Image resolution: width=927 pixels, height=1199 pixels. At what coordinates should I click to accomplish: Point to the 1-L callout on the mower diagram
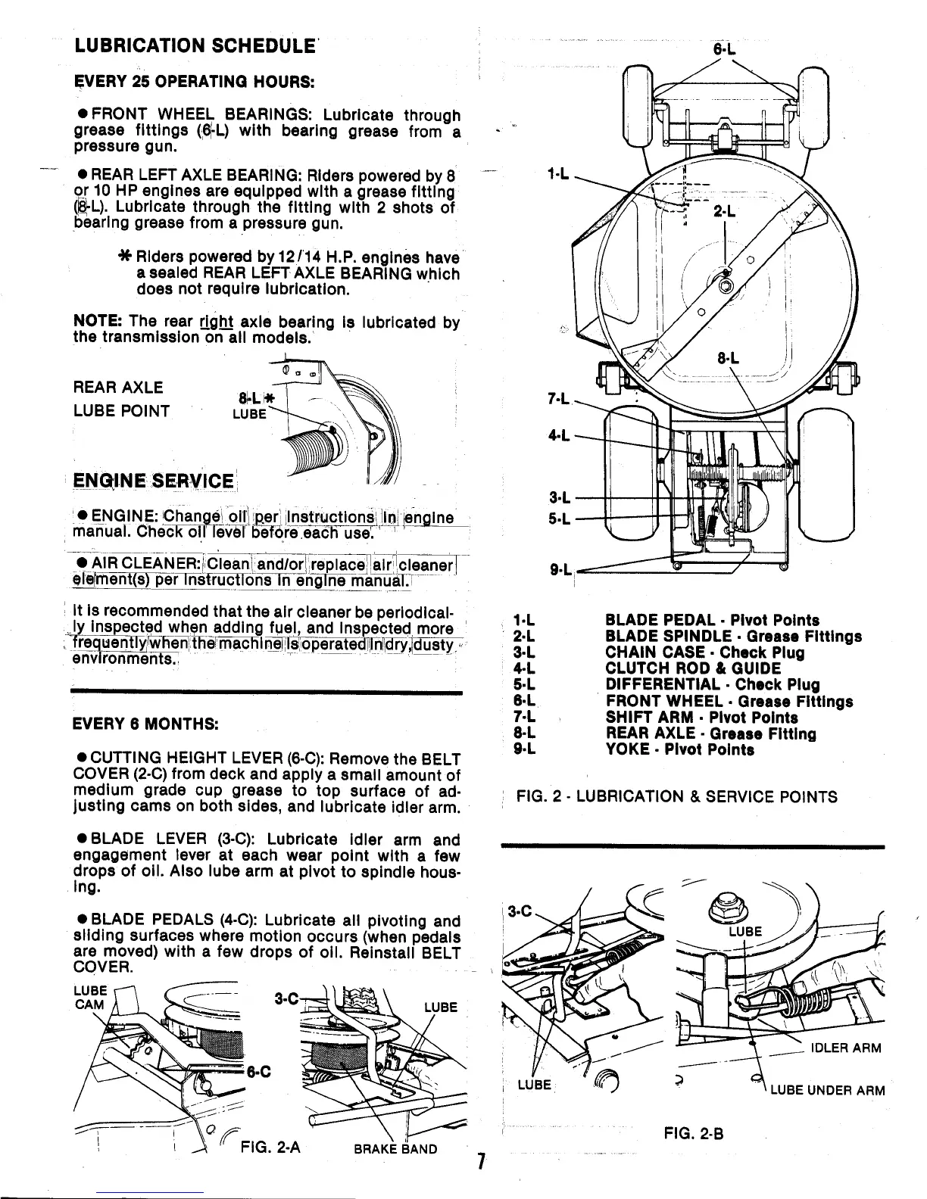point(559,174)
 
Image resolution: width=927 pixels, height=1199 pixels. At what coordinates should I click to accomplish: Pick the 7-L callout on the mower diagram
point(558,398)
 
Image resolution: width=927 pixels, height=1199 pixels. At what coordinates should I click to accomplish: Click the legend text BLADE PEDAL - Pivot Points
point(712,621)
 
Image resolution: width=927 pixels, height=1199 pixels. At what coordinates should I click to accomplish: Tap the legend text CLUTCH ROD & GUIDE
point(693,668)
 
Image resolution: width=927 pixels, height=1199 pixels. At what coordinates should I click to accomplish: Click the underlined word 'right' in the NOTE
point(214,322)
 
